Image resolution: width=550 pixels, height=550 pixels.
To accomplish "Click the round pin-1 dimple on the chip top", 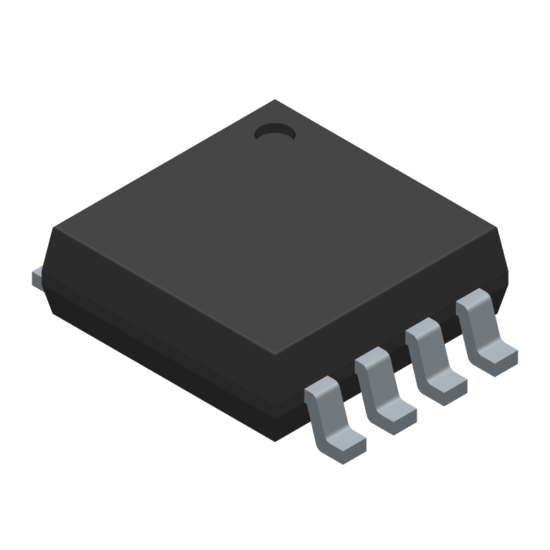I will (274, 132).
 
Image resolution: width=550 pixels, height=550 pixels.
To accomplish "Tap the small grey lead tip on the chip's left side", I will (38, 277).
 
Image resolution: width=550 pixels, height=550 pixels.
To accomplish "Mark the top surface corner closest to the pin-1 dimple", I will (275, 101).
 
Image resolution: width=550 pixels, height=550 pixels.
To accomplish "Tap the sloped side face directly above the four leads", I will (385, 302).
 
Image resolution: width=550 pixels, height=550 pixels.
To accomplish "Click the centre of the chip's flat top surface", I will (275, 227).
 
